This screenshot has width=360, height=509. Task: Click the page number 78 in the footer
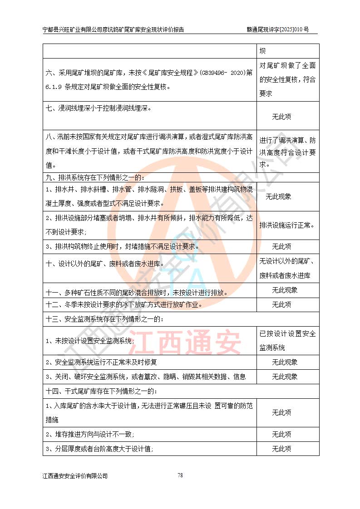180,475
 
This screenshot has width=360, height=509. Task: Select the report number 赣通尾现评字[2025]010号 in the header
277,29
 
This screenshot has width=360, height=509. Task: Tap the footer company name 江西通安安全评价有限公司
75,476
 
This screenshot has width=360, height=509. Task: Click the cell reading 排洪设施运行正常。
287,225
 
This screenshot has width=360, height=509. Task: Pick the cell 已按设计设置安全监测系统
287,341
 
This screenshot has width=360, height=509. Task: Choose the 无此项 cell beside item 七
281,117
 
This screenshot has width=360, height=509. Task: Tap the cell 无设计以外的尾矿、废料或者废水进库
287,268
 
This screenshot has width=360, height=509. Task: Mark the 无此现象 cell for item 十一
281,290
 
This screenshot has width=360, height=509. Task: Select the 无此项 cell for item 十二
281,304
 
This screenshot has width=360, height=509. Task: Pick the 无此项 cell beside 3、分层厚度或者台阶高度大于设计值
281,449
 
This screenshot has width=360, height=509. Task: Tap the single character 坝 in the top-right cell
262,51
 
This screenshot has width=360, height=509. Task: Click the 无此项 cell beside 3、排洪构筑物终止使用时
281,247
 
